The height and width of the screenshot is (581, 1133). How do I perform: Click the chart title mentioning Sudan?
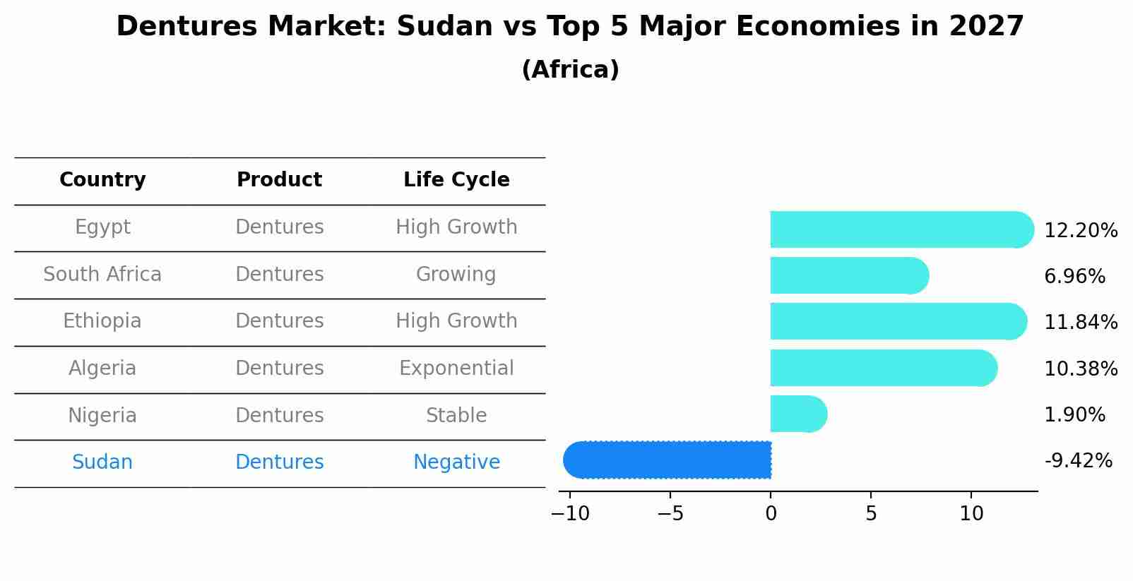[569, 27]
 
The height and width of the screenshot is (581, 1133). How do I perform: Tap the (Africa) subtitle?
[569, 70]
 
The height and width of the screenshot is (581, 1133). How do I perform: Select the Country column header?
[102, 180]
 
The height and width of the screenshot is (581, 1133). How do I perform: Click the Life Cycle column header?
[456, 180]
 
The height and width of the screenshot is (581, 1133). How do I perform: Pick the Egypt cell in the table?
[102, 227]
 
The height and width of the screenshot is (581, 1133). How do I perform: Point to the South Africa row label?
[102, 275]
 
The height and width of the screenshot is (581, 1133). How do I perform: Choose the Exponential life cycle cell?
[456, 369]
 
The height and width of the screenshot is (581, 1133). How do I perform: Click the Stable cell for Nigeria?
[456, 416]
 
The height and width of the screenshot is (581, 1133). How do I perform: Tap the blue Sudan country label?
[102, 462]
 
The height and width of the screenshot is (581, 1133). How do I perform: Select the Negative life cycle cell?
[456, 462]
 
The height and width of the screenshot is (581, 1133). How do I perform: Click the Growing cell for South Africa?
[456, 275]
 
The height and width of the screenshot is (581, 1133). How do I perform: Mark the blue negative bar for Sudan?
[667, 460]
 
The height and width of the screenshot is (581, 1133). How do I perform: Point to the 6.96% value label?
[1074, 277]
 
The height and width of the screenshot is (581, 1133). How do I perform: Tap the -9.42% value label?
[1078, 461]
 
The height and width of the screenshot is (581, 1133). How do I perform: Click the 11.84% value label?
[1081, 323]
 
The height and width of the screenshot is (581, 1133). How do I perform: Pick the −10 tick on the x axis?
[570, 514]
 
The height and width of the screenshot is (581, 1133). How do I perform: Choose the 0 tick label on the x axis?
[771, 514]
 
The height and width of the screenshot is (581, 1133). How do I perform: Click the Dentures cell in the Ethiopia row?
[279, 321]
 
